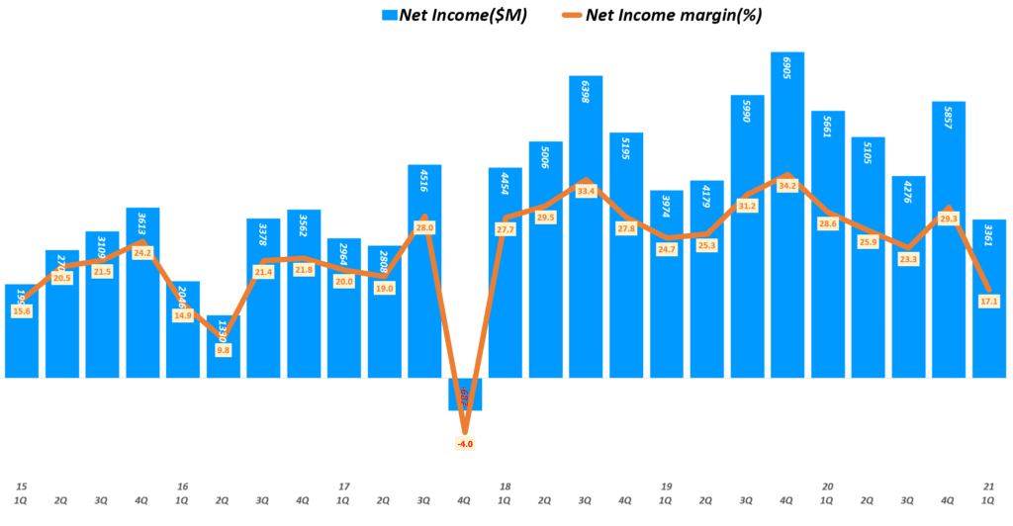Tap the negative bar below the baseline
(465, 394)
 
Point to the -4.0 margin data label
(465, 444)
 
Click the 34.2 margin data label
(787, 186)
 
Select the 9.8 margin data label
(223, 349)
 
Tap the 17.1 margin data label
(989, 301)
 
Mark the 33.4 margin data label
(586, 191)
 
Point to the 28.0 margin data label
(424, 227)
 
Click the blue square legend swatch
(389, 15)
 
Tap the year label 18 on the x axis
(505, 486)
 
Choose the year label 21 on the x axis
(989, 486)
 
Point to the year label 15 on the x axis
(21, 486)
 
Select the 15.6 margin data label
(21, 311)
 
